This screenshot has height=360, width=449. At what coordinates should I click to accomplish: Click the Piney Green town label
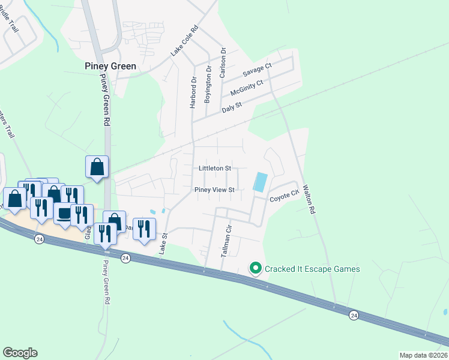[x=110, y=66]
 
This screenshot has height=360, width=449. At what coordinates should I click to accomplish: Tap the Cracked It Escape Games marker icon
[x=255, y=269]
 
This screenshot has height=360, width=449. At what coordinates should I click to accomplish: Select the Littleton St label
[x=215, y=169]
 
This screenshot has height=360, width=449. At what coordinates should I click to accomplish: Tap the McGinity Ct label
[x=247, y=88]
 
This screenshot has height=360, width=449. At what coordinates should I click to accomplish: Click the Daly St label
[x=231, y=107]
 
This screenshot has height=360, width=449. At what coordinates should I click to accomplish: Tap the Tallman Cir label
[x=226, y=242]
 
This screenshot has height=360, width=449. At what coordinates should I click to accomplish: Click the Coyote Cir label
[x=284, y=196]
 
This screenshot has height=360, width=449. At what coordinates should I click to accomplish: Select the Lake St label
[x=161, y=244]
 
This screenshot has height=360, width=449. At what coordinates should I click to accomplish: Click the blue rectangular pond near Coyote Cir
[x=261, y=182]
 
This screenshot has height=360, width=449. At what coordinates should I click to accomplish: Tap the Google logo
[x=20, y=353]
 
